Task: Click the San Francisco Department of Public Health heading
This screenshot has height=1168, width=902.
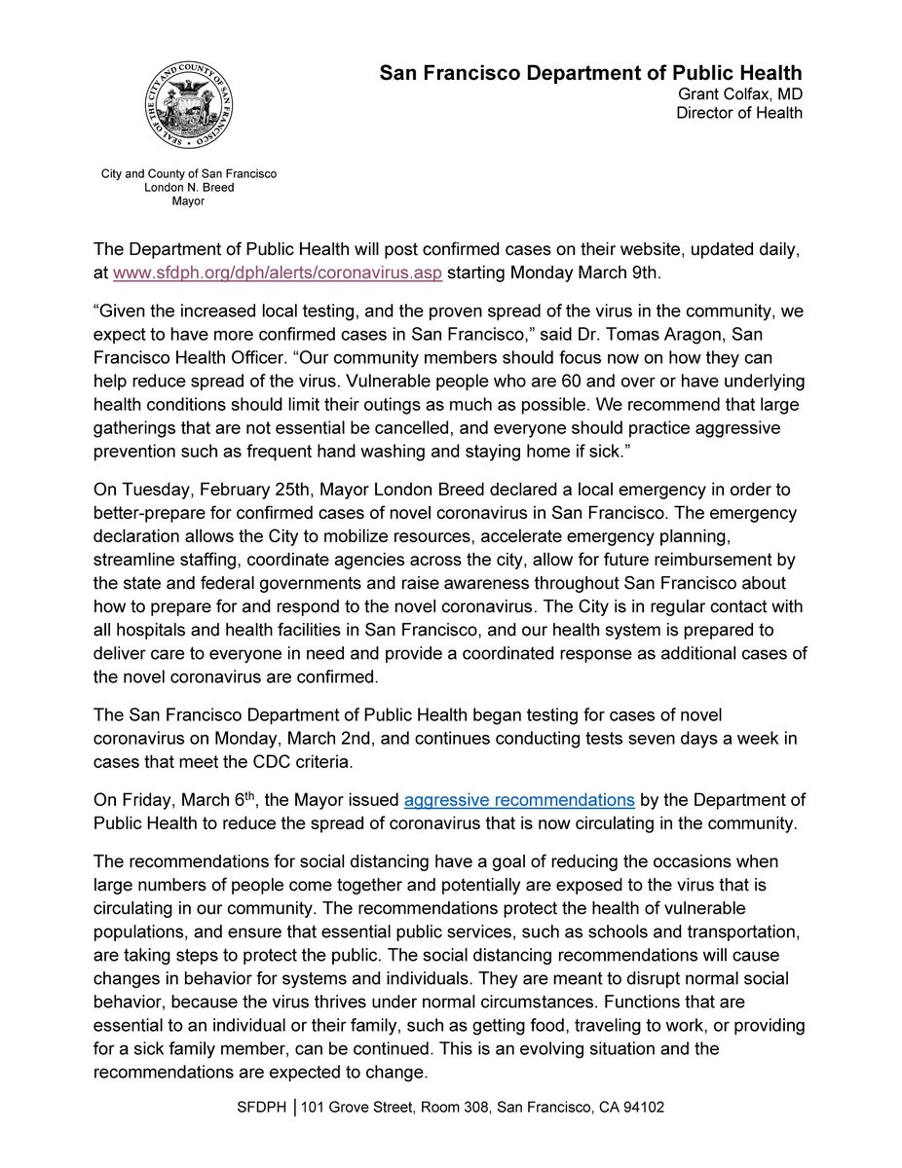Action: pyautogui.click(x=590, y=73)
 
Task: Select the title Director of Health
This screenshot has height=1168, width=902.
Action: pyautogui.click(x=739, y=113)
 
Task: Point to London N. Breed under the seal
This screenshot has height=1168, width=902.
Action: pyautogui.click(x=189, y=188)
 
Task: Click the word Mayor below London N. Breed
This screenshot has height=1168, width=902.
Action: pyautogui.click(x=189, y=201)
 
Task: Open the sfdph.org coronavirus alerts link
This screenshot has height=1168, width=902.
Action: pyautogui.click(x=278, y=273)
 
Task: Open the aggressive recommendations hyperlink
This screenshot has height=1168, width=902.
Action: pyautogui.click(x=519, y=800)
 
